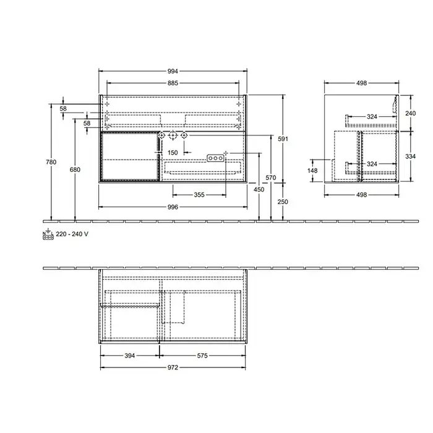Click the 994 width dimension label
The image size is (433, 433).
(173, 71)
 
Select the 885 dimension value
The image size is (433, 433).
(173, 83)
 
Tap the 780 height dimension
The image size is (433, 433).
(51, 162)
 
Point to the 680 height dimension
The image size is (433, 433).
(75, 169)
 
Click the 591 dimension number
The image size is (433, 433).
(283, 139)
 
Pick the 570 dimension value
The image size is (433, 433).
(271, 178)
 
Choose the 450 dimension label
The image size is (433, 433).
(259, 189)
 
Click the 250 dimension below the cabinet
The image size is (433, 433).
(283, 202)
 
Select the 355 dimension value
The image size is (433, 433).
(199, 195)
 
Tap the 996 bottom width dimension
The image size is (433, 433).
(173, 207)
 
